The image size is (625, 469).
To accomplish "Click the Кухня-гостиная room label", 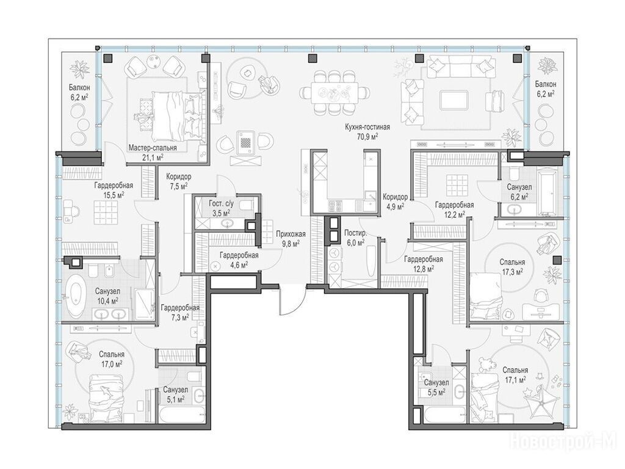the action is [367, 127].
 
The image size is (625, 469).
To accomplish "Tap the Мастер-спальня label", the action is [153, 148].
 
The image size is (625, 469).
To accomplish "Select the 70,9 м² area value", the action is [367, 136].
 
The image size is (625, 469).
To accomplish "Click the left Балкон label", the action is [79, 87].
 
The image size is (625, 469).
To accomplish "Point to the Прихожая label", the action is [291, 234].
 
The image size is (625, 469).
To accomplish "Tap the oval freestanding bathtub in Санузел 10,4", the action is [76, 295].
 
